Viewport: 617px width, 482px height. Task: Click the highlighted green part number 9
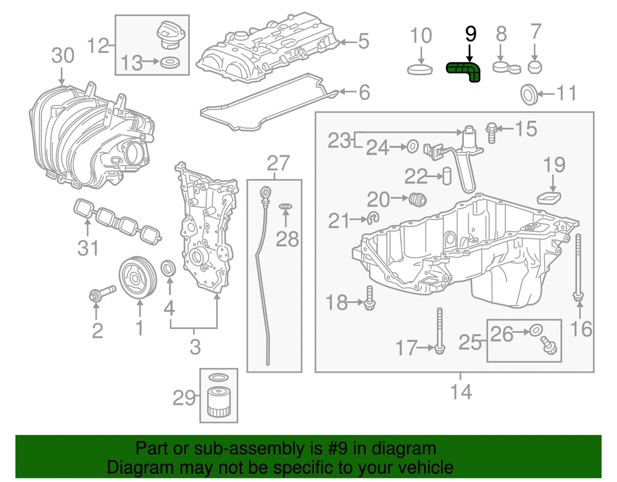[465, 72]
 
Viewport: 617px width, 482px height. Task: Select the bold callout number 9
[470, 34]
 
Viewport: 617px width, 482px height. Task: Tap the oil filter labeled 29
[218, 402]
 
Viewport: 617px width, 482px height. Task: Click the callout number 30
[62, 56]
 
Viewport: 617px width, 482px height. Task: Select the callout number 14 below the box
[460, 391]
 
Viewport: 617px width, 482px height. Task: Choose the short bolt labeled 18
[369, 300]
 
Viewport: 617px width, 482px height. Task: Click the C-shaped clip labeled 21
[373, 218]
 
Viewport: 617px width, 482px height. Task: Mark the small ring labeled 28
[286, 207]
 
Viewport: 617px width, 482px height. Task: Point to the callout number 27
[278, 163]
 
